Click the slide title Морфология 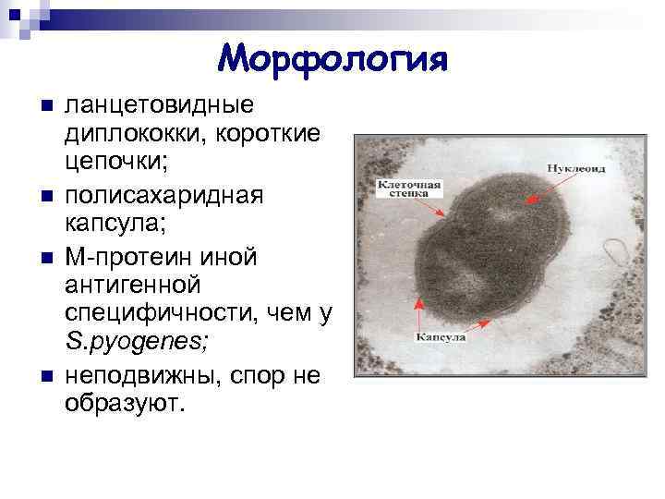pyautogui.click(x=333, y=60)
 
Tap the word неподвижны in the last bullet pyautogui.click(x=129, y=376)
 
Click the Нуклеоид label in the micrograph pyautogui.click(x=575, y=170)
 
